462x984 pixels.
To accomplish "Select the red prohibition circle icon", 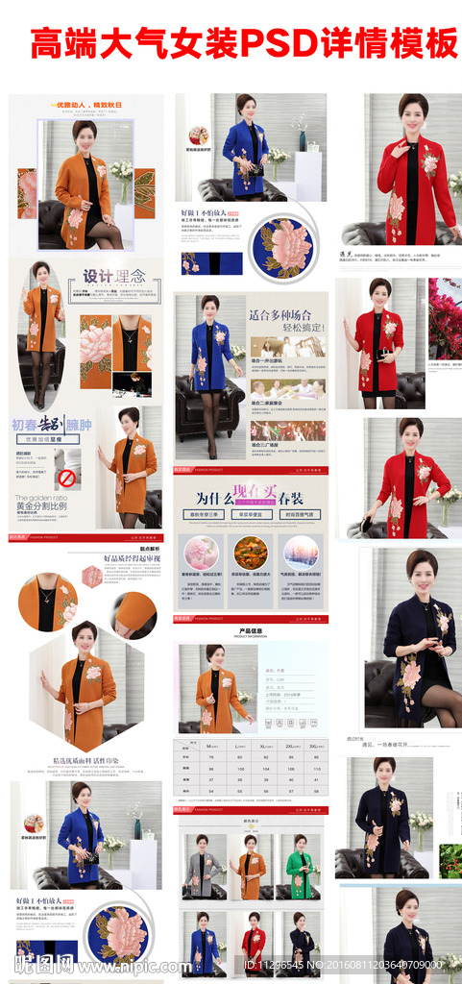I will point(67,478).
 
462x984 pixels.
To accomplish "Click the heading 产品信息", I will point(251,630).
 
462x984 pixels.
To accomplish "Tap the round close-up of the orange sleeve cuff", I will point(134,614).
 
